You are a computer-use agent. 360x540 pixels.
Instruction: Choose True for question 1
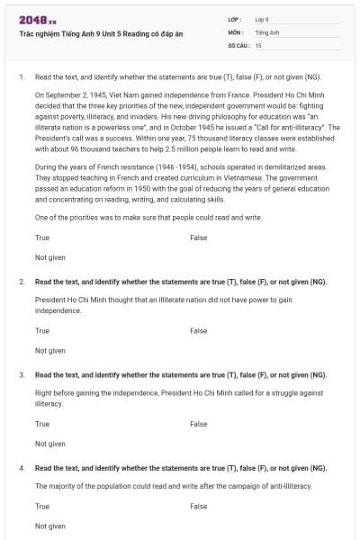42,238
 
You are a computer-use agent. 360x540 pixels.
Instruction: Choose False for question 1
198,238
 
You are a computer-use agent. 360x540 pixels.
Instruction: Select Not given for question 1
50,257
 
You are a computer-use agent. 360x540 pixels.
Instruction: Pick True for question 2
42,330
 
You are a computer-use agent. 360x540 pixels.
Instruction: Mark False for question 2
198,330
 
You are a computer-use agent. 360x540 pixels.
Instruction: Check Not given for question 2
50,350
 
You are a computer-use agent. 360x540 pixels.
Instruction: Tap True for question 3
42,423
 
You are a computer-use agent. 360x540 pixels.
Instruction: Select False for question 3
198,423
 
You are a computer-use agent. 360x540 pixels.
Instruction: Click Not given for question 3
50,443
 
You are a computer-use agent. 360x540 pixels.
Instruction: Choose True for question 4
42,506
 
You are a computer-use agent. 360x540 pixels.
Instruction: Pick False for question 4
198,506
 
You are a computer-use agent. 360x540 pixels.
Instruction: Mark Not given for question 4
50,526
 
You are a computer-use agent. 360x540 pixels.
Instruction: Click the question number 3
22,374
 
